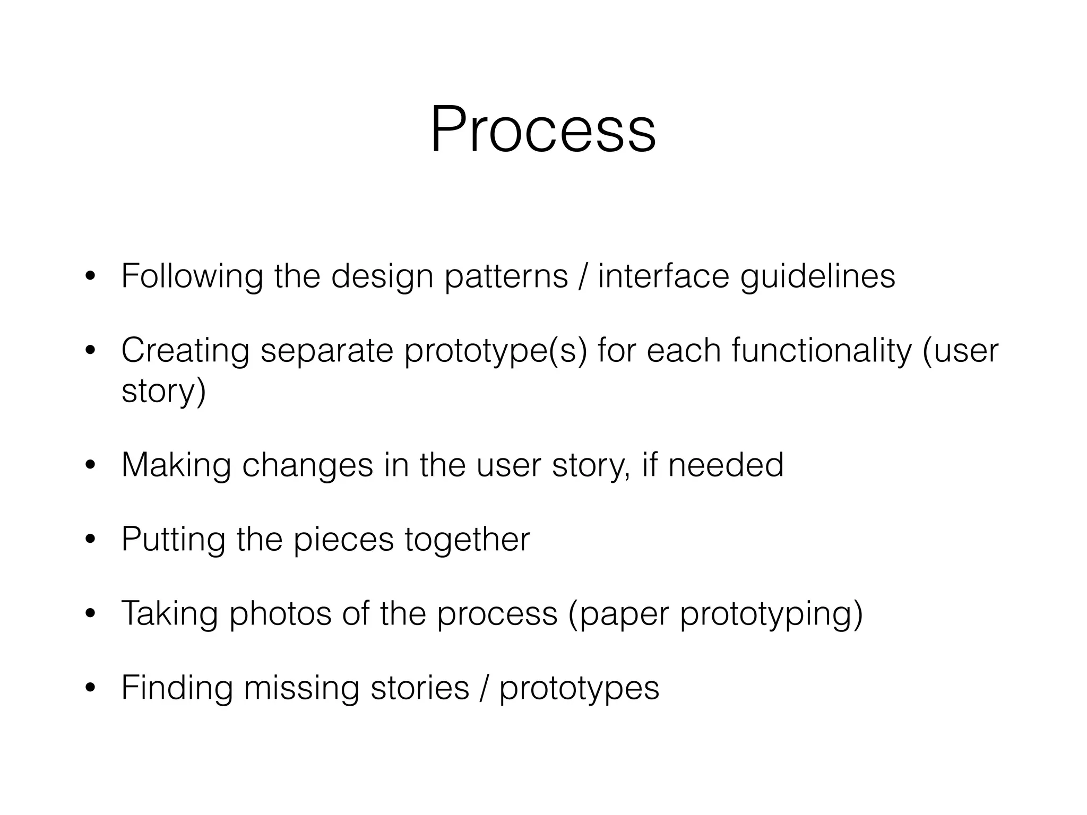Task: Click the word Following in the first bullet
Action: click(x=192, y=276)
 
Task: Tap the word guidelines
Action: click(x=817, y=276)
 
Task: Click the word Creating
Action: click(x=185, y=351)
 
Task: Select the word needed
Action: click(x=726, y=465)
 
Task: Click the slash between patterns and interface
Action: click(x=583, y=276)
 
